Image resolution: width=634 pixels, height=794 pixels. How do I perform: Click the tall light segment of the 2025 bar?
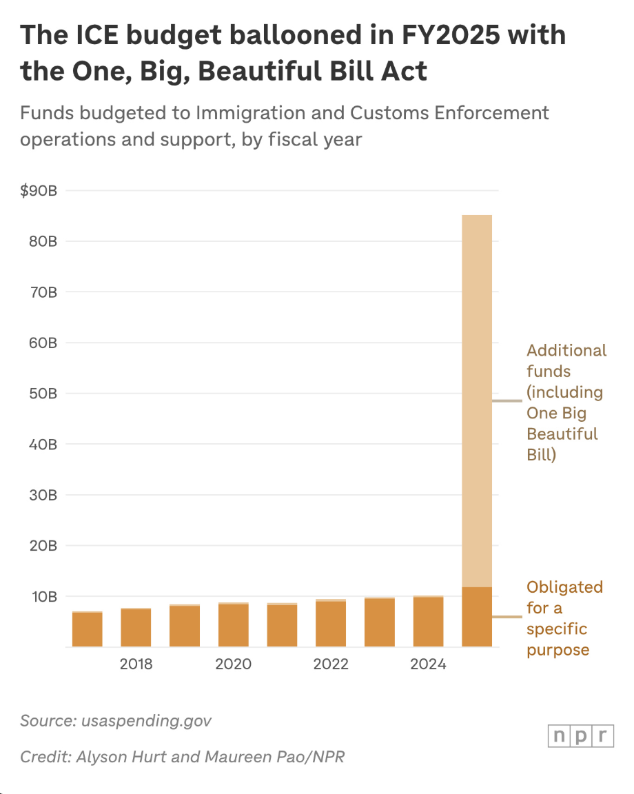click(x=477, y=400)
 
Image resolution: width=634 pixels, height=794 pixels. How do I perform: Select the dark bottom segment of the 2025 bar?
click(x=477, y=617)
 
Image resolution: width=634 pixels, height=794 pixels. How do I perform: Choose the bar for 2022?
click(x=331, y=624)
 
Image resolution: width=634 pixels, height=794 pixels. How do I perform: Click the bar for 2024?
click(x=428, y=622)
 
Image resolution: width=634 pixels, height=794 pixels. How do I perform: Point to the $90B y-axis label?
click(x=39, y=191)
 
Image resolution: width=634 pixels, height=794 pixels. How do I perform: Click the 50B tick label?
click(x=43, y=394)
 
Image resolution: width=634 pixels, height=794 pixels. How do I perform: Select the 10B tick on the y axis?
click(x=43, y=596)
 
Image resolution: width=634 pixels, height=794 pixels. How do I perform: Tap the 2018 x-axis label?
click(x=136, y=664)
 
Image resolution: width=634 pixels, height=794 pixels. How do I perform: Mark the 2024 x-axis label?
click(x=428, y=664)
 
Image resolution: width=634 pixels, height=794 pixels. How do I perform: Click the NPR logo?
click(x=580, y=735)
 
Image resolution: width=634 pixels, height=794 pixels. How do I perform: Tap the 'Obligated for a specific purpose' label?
click(x=564, y=618)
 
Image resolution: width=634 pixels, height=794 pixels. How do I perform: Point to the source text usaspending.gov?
click(x=146, y=721)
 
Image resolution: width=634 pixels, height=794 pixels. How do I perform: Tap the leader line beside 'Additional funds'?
click(x=507, y=400)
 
